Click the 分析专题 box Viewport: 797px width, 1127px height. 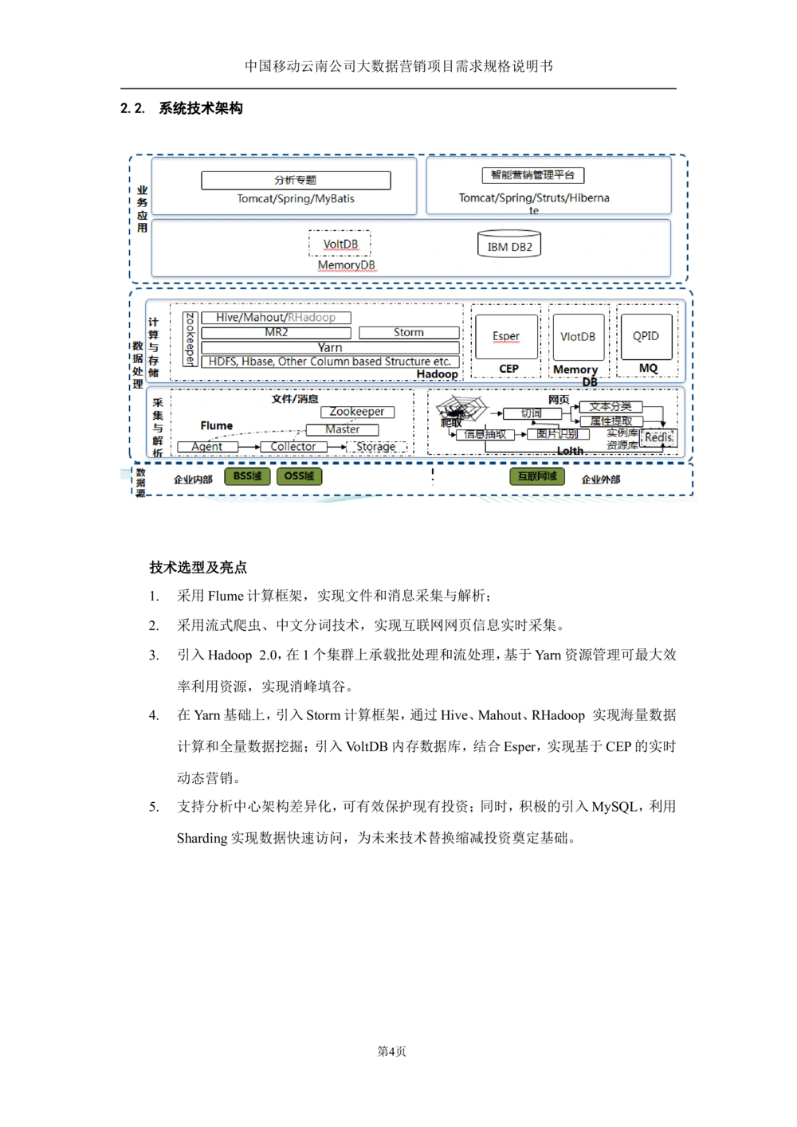tap(296, 181)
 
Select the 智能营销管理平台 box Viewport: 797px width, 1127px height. tap(532, 175)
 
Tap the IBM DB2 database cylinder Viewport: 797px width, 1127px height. tap(509, 245)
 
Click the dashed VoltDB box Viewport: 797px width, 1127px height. tap(340, 244)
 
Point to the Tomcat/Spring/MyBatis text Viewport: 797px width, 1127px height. tap(296, 199)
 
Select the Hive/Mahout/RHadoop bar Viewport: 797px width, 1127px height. tap(276, 318)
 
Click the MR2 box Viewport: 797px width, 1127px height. tap(276, 333)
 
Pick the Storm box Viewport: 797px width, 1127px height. tap(409, 333)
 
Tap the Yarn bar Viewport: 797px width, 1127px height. tap(330, 347)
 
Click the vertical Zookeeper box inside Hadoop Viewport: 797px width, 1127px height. tap(190, 338)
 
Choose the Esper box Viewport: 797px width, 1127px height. tap(506, 336)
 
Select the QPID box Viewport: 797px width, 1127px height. tap(646, 336)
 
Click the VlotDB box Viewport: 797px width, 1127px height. tap(578, 337)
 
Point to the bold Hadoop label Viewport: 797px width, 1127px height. tap(437, 374)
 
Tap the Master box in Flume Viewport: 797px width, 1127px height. tap(342, 429)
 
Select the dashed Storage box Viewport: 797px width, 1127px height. tap(376, 447)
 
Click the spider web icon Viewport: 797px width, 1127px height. tap(461, 409)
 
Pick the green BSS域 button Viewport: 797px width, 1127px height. tap(247, 476)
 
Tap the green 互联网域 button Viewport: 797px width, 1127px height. tap(537, 476)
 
